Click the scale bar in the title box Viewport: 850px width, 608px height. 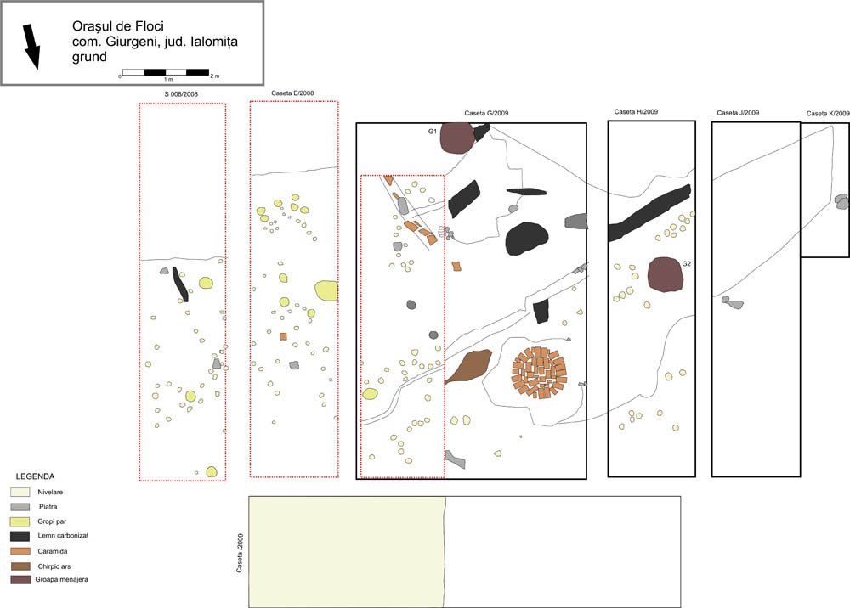pyautogui.click(x=166, y=72)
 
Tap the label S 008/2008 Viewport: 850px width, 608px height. pyautogui.click(x=181, y=94)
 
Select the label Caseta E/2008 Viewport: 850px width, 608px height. pyautogui.click(x=292, y=93)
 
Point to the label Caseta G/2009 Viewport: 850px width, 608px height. pyautogui.click(x=486, y=113)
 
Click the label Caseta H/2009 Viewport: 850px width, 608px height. pyautogui.click(x=636, y=111)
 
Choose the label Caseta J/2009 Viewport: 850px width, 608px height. pyautogui.click(x=738, y=113)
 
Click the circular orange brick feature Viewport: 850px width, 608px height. pyautogui.click(x=540, y=373)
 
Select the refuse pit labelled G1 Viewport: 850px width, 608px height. pyautogui.click(x=456, y=138)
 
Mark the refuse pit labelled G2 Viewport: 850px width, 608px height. pyautogui.click(x=666, y=274)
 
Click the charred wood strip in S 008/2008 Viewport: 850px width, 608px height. pyautogui.click(x=180, y=284)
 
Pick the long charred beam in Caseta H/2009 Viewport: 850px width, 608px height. pyautogui.click(x=649, y=213)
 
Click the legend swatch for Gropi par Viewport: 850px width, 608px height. pyautogui.click(x=20, y=521)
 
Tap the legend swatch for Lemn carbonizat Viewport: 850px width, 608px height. pyautogui.click(x=20, y=536)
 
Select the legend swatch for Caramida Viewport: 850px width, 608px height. pyautogui.click(x=20, y=551)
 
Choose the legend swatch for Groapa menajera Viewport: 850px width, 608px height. pyautogui.click(x=20, y=579)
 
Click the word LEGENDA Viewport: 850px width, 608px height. pyautogui.click(x=35, y=476)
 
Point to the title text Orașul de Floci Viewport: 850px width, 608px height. pyautogui.click(x=118, y=26)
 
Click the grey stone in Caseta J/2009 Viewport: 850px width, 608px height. pyautogui.click(x=733, y=302)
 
